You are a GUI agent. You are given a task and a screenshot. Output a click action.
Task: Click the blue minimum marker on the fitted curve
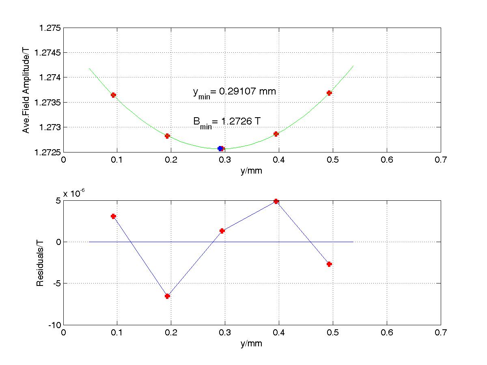(220, 148)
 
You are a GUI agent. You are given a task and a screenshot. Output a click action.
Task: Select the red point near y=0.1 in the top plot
(114, 95)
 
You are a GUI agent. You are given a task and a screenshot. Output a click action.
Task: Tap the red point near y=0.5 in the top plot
(329, 93)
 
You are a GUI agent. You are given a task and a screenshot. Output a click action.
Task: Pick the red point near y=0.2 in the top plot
(167, 136)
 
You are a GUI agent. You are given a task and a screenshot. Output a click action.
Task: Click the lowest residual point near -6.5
(167, 296)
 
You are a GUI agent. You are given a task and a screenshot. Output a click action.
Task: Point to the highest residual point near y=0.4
(276, 201)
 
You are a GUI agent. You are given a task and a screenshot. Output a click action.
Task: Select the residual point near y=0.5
(329, 264)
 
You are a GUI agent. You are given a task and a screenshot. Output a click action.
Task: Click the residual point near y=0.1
(114, 216)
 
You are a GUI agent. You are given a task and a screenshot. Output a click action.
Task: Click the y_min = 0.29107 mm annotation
(234, 92)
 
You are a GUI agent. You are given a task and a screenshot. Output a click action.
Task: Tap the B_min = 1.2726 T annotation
(226, 121)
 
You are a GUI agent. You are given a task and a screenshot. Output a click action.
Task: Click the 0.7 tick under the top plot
(440, 160)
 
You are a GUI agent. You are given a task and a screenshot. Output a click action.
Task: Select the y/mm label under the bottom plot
(251, 344)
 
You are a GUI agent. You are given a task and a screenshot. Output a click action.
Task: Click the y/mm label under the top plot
(251, 170)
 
